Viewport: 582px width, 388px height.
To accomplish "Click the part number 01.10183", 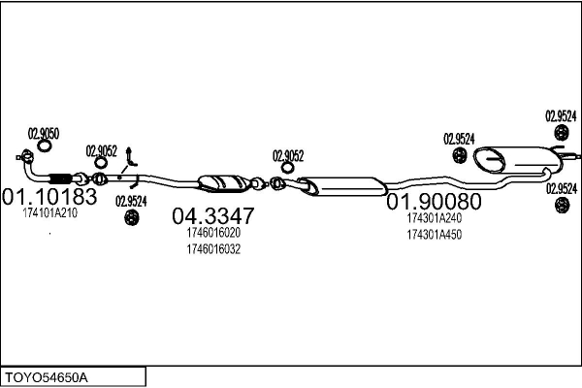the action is tap(49, 196).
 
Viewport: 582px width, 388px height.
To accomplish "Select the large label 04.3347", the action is tap(213, 215).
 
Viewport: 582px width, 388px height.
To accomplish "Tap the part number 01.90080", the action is tap(434, 202).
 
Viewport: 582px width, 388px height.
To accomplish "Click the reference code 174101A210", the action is tap(50, 213).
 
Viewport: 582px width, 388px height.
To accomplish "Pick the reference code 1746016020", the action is tap(213, 233).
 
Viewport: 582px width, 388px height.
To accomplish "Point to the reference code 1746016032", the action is tap(213, 249).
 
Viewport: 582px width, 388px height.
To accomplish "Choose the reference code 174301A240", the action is tap(435, 218).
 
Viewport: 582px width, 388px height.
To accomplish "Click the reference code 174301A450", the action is tap(435, 235).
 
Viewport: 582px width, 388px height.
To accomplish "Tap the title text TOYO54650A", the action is tap(46, 378).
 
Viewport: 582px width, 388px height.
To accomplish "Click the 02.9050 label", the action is tap(44, 134).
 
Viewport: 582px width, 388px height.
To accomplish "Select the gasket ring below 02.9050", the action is tap(45, 145).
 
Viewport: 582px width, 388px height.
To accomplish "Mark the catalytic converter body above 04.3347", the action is tap(224, 183).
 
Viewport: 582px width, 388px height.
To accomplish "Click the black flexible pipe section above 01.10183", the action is tap(60, 178).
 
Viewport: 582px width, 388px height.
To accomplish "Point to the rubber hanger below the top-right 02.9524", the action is tap(562, 133).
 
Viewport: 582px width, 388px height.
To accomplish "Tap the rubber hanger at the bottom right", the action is tap(562, 206).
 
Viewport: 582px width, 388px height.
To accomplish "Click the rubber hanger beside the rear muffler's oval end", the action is tap(460, 155).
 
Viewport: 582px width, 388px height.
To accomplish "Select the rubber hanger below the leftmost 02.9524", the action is tap(131, 217).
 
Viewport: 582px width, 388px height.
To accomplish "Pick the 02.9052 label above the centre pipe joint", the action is tap(288, 156).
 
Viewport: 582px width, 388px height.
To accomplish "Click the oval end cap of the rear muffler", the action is tap(489, 160).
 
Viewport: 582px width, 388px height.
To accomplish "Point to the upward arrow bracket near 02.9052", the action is tap(131, 156).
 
